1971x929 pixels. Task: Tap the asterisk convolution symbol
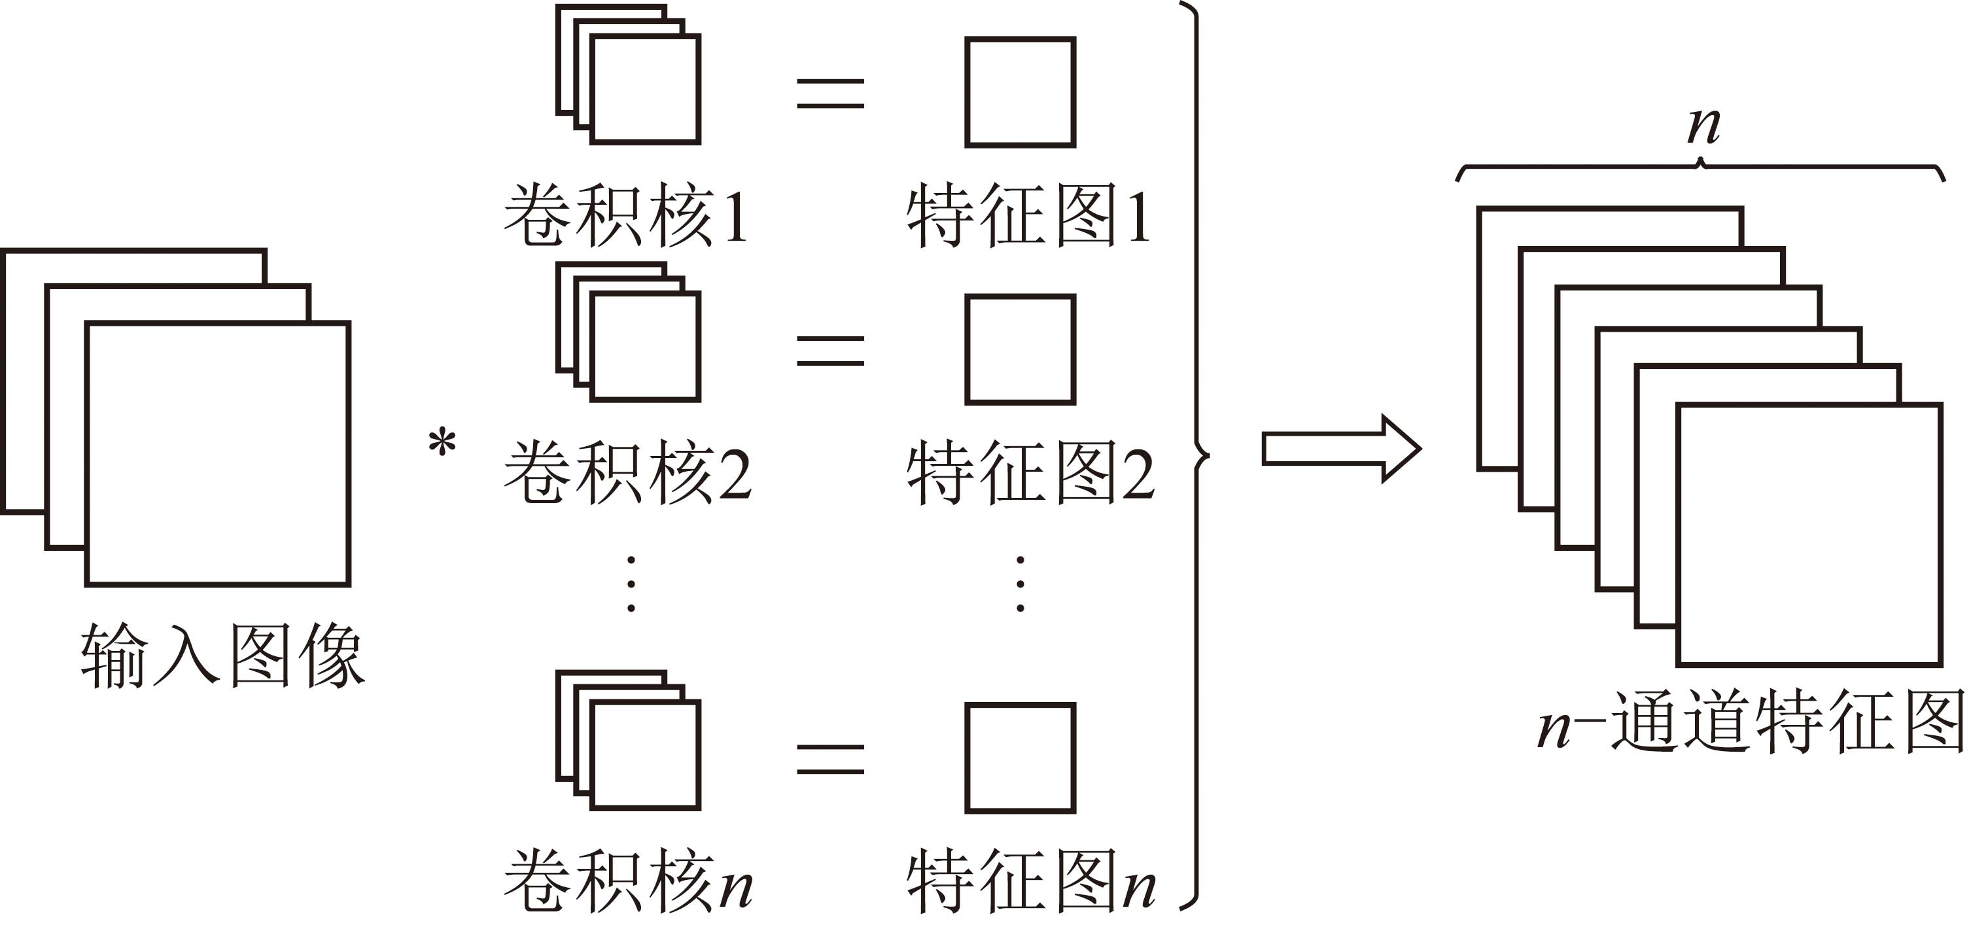[442, 444]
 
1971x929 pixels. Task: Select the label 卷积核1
[626, 215]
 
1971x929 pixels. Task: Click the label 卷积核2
[627, 472]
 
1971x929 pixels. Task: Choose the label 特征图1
[1028, 215]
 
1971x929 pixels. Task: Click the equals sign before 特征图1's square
[830, 94]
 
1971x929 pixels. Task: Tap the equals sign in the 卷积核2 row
[830, 351]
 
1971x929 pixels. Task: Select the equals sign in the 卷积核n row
[830, 759]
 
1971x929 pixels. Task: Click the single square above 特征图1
[1020, 92]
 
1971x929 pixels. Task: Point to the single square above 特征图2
[1020, 349]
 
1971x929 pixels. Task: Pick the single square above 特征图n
[1020, 758]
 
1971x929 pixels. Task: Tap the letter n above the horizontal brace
[1703, 126]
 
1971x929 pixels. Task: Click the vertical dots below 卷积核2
[631, 584]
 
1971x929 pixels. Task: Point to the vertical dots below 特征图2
[1020, 584]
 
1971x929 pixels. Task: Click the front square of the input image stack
[218, 454]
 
